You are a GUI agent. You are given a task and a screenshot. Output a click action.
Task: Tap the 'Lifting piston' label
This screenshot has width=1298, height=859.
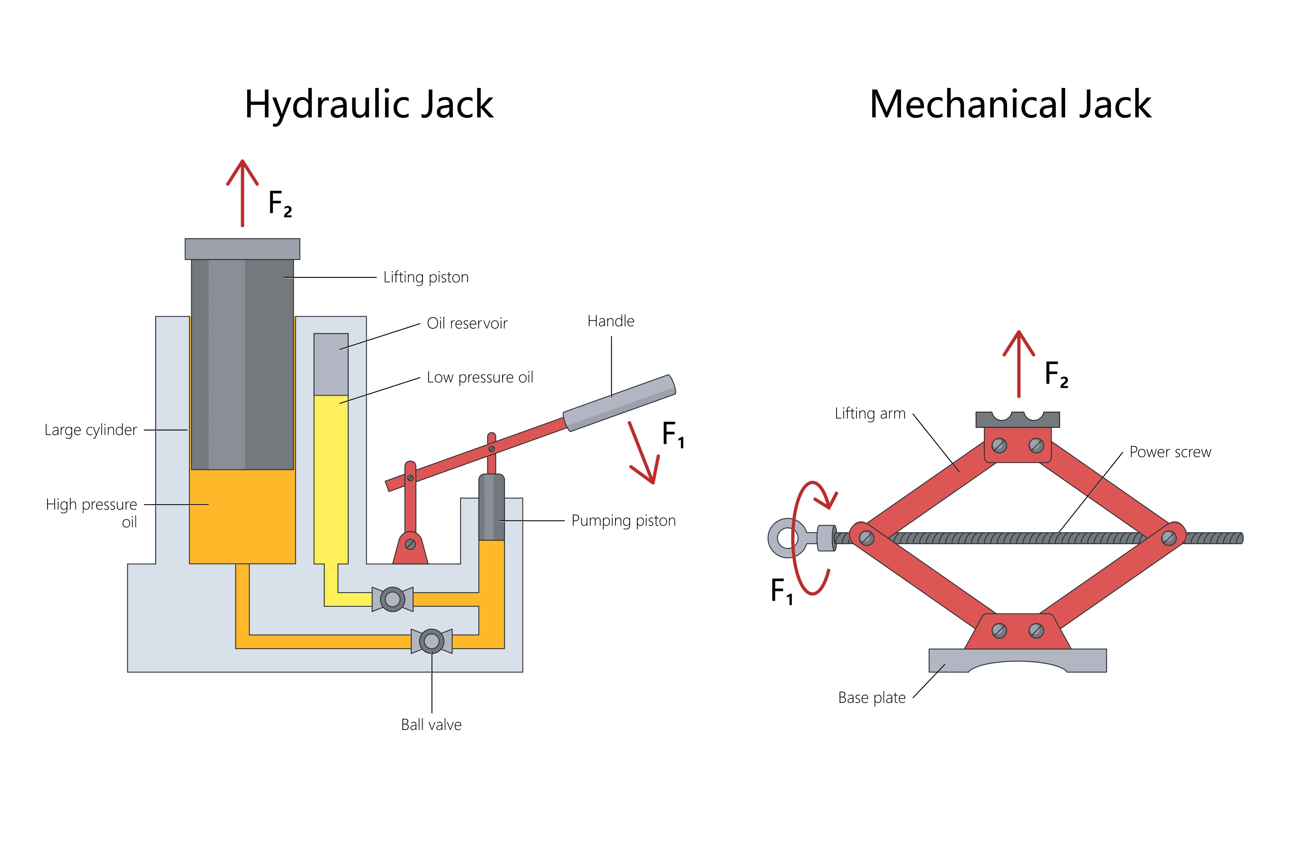426,277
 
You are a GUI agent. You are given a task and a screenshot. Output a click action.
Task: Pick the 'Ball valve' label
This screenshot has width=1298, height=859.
431,725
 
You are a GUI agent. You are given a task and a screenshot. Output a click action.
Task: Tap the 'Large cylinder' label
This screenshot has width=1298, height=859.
91,430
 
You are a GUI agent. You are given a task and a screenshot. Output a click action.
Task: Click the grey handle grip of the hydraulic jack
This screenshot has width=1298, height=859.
619,403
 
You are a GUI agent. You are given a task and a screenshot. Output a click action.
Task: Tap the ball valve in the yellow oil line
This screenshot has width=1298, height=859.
392,599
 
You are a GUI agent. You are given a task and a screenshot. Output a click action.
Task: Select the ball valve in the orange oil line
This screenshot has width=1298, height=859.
431,641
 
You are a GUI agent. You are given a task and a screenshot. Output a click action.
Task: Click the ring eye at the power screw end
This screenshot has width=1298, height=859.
787,537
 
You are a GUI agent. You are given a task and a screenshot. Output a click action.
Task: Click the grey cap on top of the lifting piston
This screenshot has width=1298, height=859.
242,249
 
